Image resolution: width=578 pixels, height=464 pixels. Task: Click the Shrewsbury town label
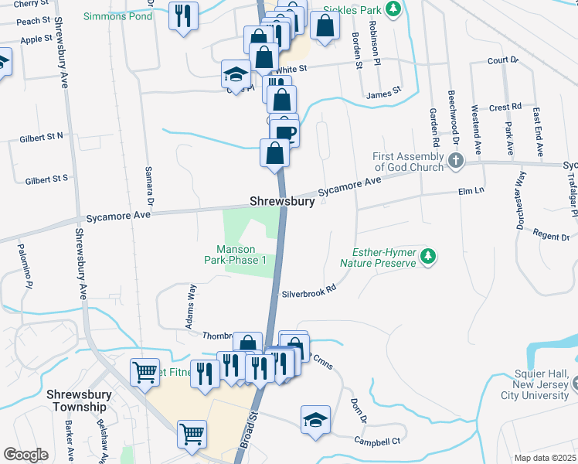coord(281,202)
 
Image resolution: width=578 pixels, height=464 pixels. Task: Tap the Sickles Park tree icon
coord(394,9)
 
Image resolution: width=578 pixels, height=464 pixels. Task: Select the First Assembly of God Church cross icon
coord(456,161)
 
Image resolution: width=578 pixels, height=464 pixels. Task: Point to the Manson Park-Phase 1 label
coord(241,254)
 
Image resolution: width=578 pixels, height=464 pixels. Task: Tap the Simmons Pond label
coord(118,16)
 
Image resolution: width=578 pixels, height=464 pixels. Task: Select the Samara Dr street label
coord(151,184)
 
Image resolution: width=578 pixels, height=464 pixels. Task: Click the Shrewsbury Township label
coord(76,401)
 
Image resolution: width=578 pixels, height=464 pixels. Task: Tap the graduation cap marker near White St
coord(236,73)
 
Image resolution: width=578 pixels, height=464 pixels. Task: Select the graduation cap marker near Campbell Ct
coord(315,419)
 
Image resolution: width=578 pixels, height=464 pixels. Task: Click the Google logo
coord(25,455)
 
